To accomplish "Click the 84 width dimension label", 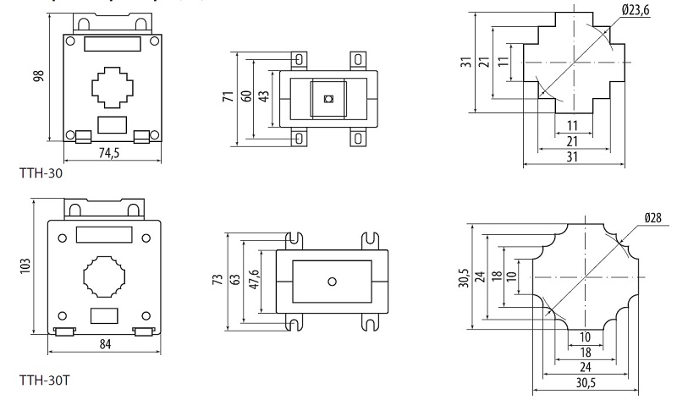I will click(103, 343).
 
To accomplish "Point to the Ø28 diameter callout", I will click(652, 218).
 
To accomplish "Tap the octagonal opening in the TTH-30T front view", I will click(103, 274).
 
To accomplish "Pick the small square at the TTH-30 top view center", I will click(328, 99).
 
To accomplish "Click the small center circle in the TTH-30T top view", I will click(332, 281).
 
